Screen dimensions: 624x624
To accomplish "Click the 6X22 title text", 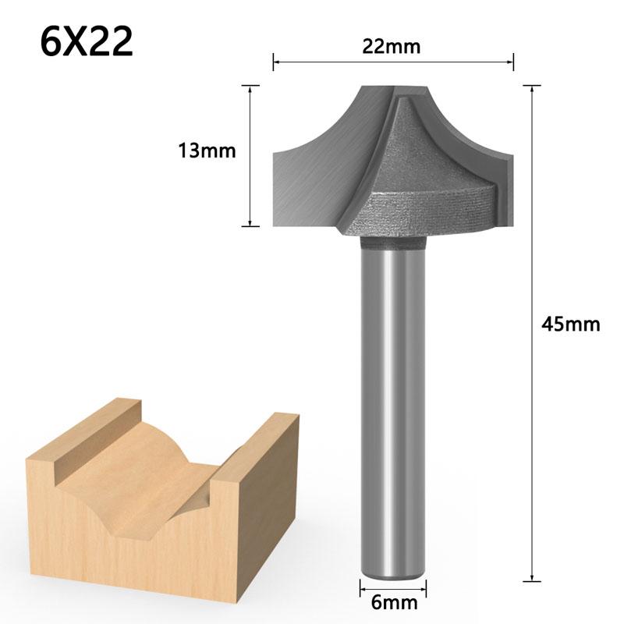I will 87,43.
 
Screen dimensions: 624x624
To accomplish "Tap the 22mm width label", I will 391,46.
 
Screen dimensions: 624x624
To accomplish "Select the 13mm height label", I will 207,150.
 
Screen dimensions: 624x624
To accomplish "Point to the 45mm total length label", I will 571,324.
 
